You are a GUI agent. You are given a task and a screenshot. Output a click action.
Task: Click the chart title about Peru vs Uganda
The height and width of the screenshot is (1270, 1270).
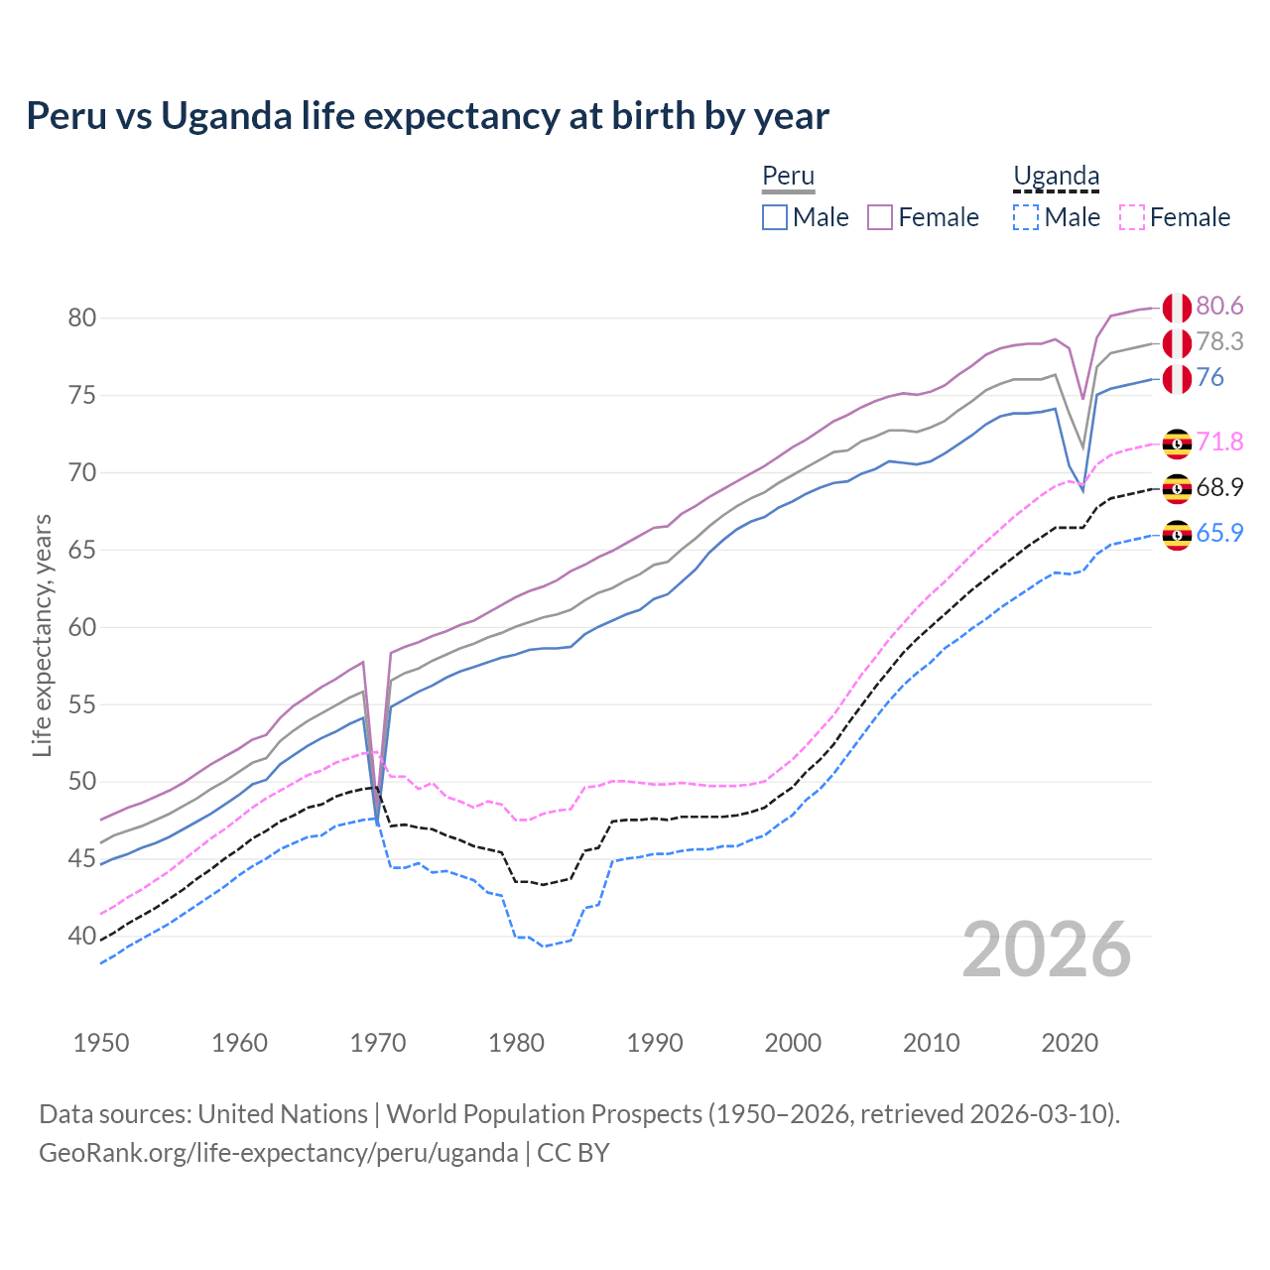point(427,116)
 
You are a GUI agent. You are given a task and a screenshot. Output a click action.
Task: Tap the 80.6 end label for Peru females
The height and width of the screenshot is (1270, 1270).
point(1219,306)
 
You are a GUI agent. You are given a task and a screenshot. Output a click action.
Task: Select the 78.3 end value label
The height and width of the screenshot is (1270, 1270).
point(1219,341)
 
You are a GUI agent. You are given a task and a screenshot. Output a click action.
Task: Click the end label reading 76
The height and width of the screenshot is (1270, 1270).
point(1209,377)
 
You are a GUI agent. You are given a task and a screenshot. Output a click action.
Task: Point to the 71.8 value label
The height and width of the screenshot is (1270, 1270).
point(1219,442)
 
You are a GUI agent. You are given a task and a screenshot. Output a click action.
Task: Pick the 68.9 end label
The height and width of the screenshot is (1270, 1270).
point(1219,487)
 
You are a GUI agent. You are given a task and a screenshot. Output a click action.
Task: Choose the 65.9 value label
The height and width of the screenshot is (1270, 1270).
point(1219,533)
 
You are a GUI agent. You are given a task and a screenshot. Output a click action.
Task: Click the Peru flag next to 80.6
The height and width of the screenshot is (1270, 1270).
point(1177,308)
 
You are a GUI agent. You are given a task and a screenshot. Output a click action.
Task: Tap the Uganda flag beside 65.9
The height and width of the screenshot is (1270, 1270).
point(1177,536)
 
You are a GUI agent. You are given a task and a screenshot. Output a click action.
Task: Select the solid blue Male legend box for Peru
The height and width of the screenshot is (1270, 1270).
point(775,217)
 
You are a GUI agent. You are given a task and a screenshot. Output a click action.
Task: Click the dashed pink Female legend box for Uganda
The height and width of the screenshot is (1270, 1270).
point(1132,217)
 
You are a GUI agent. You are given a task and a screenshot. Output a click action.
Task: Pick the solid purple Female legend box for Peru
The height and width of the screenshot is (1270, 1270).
point(880,217)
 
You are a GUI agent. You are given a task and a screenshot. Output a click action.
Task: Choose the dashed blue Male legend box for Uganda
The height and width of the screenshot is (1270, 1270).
point(1026,217)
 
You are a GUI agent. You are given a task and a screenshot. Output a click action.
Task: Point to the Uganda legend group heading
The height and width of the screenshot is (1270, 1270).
point(1056,177)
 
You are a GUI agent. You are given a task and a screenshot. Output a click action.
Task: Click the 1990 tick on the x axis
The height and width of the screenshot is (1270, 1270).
point(655,1043)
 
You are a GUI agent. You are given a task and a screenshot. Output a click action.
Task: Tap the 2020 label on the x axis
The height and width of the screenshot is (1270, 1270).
point(1070,1043)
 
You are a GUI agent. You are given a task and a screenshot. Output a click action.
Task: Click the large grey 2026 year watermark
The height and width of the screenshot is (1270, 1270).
point(1047,951)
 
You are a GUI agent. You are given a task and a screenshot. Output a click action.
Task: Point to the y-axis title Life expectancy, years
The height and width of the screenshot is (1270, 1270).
point(42,635)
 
